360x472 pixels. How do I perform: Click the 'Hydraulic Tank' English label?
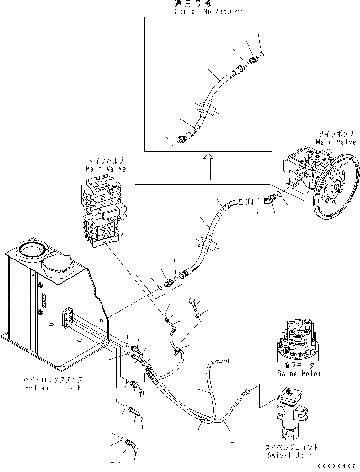pos(53,388)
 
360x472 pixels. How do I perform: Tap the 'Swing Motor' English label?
pos(299,373)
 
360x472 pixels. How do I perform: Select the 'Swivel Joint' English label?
pos(291,455)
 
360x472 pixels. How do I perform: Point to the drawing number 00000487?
pos(338,465)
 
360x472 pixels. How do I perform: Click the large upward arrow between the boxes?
pos(208,166)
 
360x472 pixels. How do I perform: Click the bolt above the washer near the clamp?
pos(193,303)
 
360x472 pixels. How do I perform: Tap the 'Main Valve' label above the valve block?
pos(106,169)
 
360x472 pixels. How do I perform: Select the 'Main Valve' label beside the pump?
pos(336,141)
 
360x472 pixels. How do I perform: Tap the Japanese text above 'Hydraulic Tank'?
pos(53,379)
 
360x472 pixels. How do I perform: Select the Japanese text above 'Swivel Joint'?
pos(291,447)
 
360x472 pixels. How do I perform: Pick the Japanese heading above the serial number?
pos(193,4)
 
